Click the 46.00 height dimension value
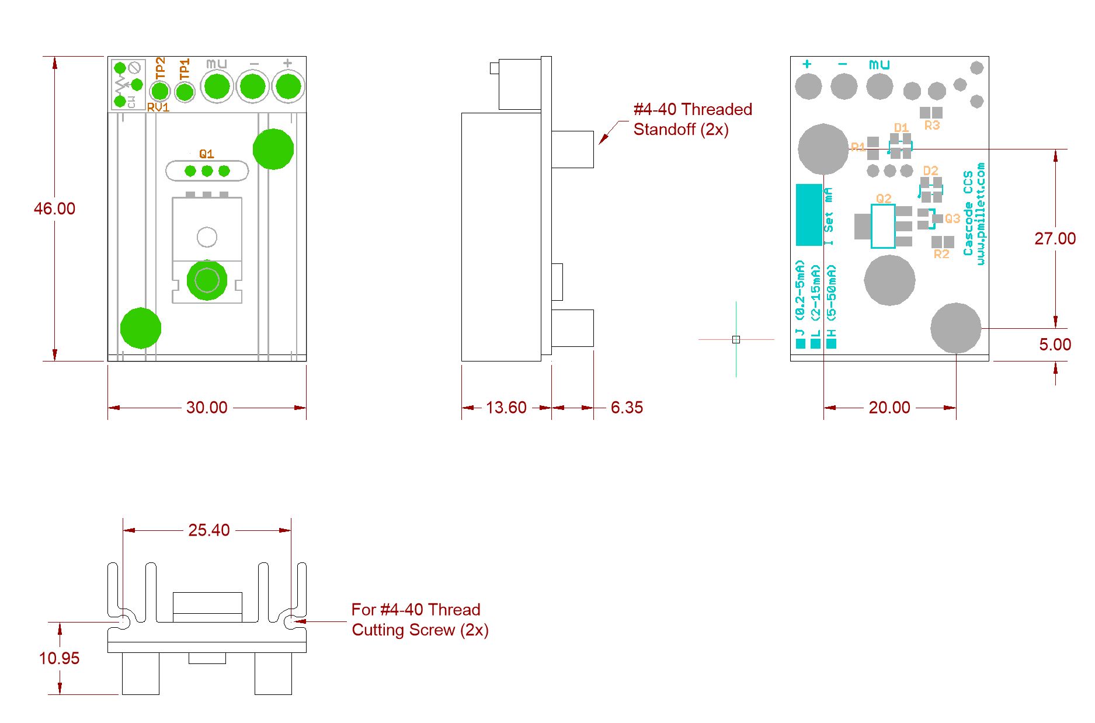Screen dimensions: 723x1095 tap(54, 208)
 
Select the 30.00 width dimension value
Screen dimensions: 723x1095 tap(207, 407)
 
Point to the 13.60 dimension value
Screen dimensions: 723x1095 tap(506, 407)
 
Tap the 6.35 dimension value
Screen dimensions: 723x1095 tap(627, 407)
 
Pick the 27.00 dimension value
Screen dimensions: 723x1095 tap(1055, 238)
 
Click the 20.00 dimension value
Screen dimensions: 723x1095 tap(889, 407)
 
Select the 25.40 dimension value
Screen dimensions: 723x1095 tap(208, 530)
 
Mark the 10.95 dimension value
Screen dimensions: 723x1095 tap(59, 658)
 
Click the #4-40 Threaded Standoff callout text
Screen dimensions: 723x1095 tap(692, 119)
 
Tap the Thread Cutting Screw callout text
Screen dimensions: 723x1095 tap(419, 620)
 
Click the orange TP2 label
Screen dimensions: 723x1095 tap(160, 68)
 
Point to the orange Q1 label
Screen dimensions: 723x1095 tap(206, 154)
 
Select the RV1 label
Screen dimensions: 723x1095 tap(158, 107)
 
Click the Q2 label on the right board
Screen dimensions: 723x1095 tap(883, 199)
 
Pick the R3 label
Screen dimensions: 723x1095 tap(932, 125)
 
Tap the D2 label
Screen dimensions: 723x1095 tap(930, 171)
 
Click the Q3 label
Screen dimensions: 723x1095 tap(952, 218)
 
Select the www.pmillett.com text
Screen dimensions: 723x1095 tap(981, 214)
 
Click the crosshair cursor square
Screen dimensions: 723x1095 tap(736, 339)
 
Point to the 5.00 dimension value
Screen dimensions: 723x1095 tap(1055, 345)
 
